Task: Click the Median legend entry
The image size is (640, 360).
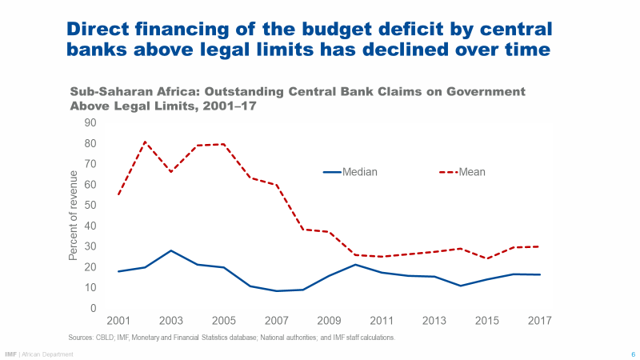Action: point(359,171)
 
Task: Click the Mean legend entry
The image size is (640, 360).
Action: point(472,171)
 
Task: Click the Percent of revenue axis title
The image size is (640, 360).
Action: point(73,215)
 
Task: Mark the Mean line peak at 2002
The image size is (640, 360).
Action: point(145,142)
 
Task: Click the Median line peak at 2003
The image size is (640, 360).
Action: point(170,250)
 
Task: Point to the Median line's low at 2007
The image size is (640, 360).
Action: point(275,290)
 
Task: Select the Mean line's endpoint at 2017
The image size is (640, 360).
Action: point(538,246)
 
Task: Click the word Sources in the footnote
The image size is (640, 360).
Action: point(82,338)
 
